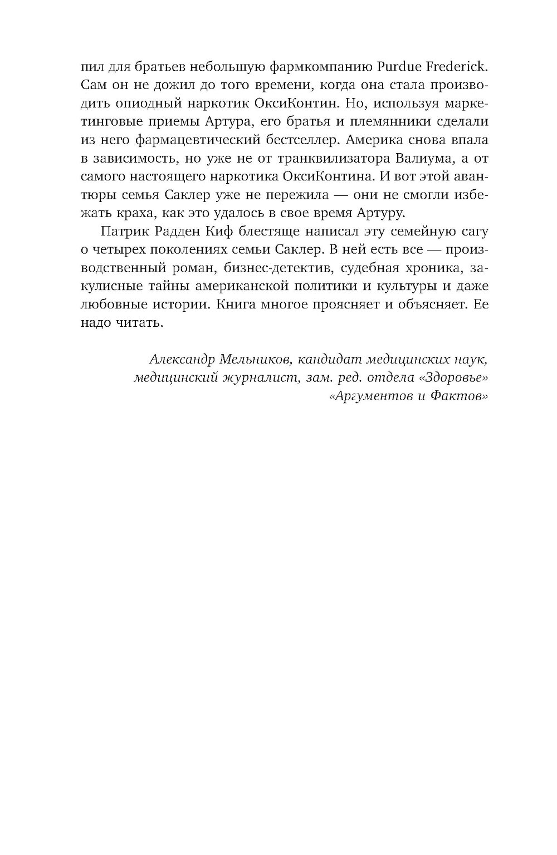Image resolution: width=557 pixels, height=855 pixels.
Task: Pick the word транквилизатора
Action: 302,159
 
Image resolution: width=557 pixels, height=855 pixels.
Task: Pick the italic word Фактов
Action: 458,396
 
